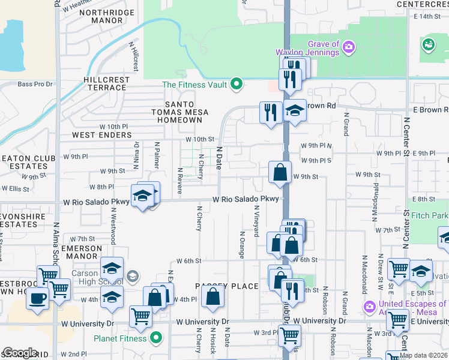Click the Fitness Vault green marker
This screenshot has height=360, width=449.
[x=237, y=85]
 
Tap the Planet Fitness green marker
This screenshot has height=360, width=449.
[x=157, y=338]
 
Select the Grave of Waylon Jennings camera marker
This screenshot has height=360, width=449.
[x=349, y=46]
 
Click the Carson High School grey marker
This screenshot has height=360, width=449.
[x=133, y=277]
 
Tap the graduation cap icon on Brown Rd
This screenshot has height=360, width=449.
[x=294, y=111]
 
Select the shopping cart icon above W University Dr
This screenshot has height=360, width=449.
[x=140, y=316]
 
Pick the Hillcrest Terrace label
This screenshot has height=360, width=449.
[x=106, y=83]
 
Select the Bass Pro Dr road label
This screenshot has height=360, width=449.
[x=35, y=85]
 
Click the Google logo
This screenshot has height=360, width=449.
[x=20, y=353]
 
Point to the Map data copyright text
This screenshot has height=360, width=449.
[x=423, y=355]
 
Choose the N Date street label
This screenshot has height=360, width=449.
[x=220, y=157]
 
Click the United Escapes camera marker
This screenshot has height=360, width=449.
[x=370, y=307]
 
